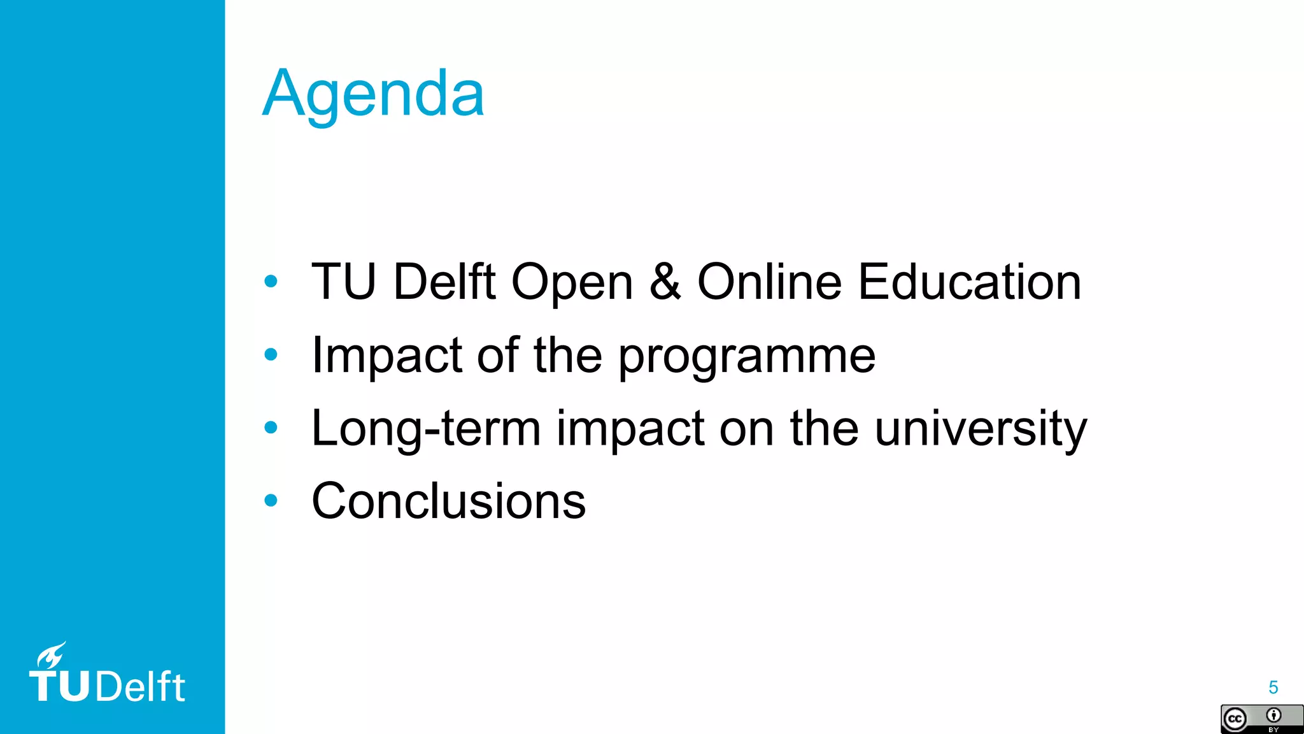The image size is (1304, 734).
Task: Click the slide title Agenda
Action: pos(373,94)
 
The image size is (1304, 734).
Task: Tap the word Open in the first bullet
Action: pos(572,282)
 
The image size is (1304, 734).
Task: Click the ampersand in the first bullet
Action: pos(665,282)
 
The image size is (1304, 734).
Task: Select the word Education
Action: pos(969,282)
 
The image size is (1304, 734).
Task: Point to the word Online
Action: pos(769,282)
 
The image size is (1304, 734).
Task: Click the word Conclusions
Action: pos(448,501)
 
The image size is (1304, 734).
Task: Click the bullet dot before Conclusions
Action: pos(271,501)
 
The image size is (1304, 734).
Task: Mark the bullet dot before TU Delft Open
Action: pos(271,281)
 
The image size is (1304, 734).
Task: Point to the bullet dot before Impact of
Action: pos(271,354)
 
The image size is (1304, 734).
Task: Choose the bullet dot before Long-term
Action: pos(271,428)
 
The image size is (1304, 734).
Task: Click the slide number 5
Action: pos(1273,687)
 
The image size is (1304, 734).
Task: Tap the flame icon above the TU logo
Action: pos(50,654)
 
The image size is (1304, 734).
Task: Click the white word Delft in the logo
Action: pos(141,687)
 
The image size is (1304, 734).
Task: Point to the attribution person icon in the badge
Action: pos(1273,716)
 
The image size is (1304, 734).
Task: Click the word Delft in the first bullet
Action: pos(444,282)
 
